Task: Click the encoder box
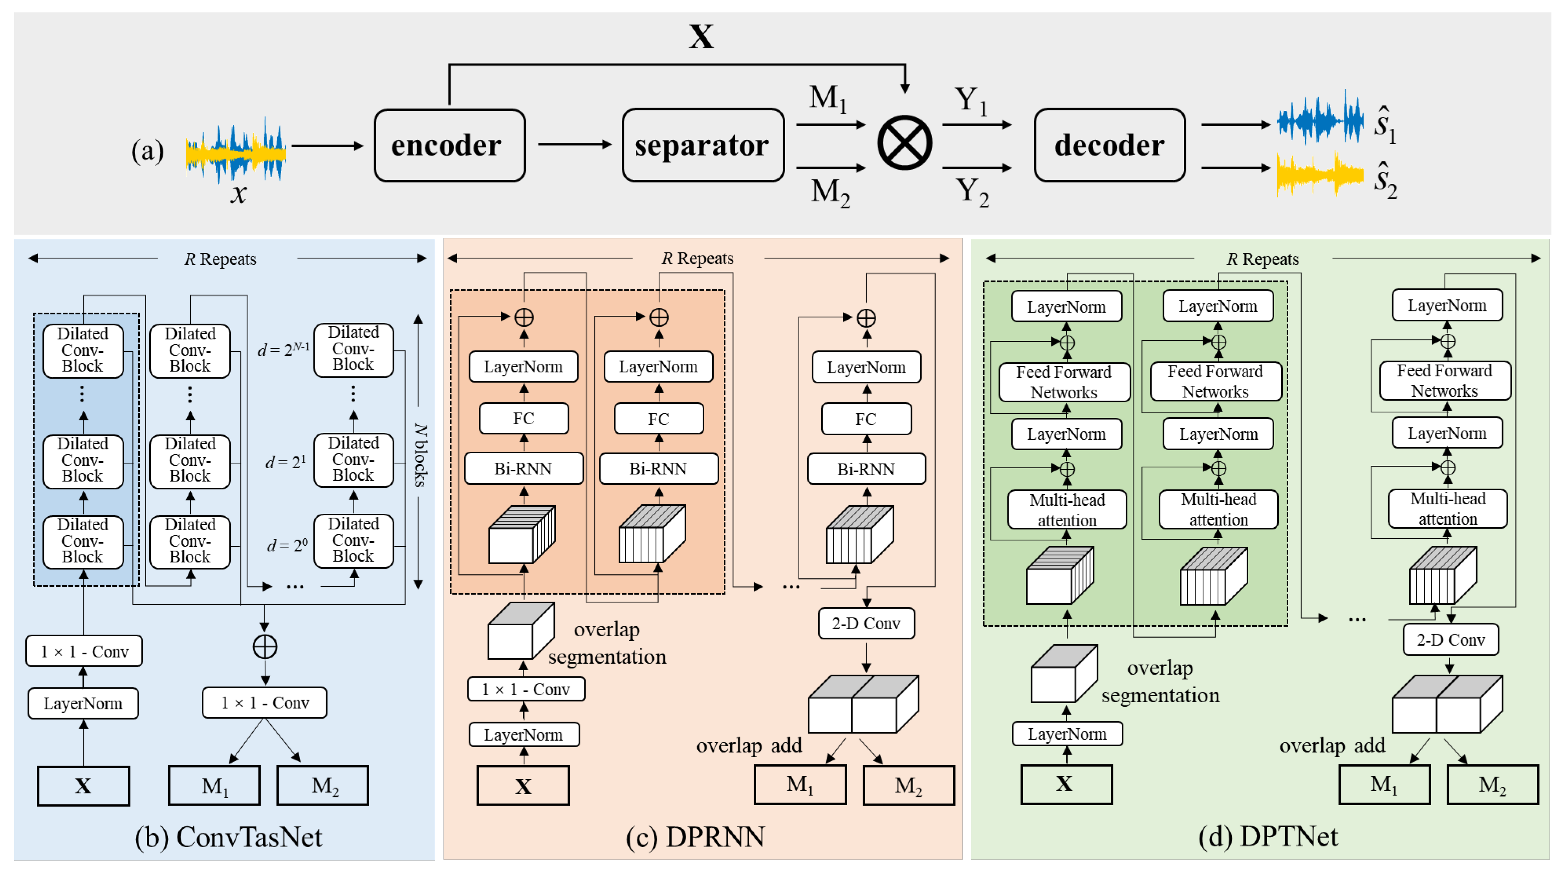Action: coord(449,146)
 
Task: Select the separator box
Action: coord(702,146)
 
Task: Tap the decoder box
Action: coord(1109,146)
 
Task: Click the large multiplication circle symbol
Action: coord(905,143)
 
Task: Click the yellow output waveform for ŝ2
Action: coord(1319,174)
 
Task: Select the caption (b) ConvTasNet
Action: coord(228,837)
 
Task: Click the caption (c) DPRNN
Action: coord(696,837)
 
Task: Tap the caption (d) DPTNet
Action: coord(1268,837)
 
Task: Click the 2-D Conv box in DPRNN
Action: coord(866,623)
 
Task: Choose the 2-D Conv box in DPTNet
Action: coord(1450,640)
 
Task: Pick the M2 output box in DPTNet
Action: coord(1493,785)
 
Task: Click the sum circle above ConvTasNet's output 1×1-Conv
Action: coord(265,647)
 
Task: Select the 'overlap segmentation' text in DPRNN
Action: coord(606,643)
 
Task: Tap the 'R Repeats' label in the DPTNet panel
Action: coord(1262,259)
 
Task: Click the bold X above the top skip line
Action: coord(701,37)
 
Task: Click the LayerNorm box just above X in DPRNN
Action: coord(523,734)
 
